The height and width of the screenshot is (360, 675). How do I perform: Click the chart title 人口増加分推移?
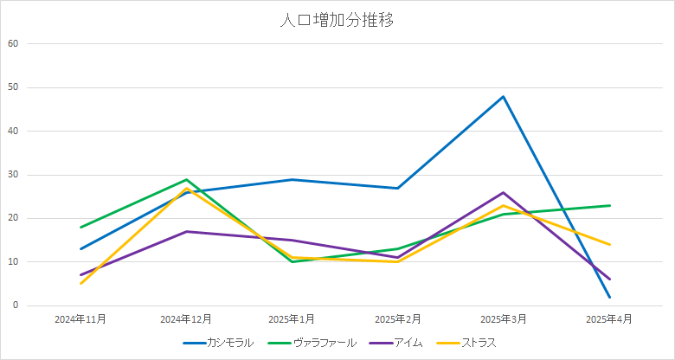click(x=337, y=20)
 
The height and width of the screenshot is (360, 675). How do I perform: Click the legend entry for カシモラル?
click(x=230, y=343)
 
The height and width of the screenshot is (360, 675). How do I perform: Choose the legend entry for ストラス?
click(x=479, y=343)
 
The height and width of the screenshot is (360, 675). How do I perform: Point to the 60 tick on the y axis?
click(x=13, y=43)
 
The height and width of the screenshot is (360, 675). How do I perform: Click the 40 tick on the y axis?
click(x=13, y=131)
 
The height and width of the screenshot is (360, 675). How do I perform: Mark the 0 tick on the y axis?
click(x=16, y=305)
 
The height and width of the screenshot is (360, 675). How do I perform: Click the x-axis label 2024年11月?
click(x=80, y=319)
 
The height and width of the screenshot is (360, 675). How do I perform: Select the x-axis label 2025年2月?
click(x=397, y=319)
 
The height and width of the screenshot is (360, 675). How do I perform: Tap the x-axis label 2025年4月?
click(x=608, y=319)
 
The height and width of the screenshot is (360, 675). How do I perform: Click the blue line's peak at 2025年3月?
click(x=503, y=96)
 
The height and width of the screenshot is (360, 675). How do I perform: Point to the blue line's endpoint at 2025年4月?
click(x=609, y=297)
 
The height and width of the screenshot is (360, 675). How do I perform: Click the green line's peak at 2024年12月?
click(x=186, y=179)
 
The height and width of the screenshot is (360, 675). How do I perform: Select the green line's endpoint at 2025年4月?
click(x=609, y=205)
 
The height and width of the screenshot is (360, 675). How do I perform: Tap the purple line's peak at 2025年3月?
click(x=503, y=192)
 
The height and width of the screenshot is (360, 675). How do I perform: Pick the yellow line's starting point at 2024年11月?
click(x=80, y=284)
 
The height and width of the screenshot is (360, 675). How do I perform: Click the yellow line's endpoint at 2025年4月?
click(x=609, y=244)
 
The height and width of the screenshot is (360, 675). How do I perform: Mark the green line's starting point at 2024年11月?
click(x=80, y=227)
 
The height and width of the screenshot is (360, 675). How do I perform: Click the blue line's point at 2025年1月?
click(x=292, y=179)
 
